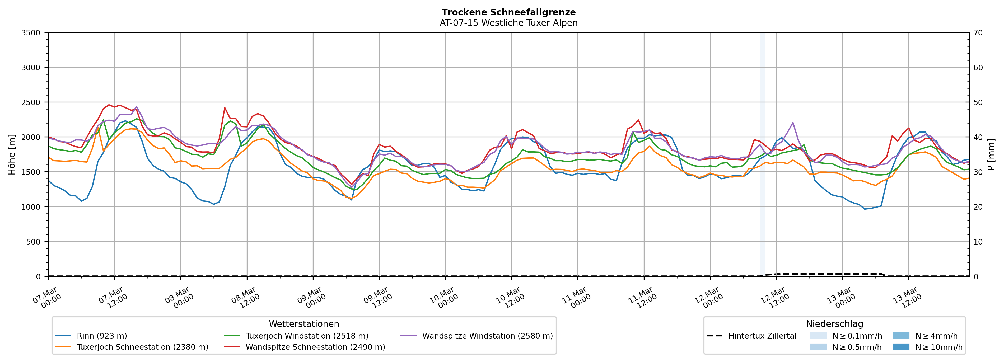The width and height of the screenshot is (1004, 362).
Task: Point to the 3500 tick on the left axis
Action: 31,33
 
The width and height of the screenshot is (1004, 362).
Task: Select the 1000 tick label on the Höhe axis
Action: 31,207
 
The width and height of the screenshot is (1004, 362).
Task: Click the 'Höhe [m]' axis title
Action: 12,155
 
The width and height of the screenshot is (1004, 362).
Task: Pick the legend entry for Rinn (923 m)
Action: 102,336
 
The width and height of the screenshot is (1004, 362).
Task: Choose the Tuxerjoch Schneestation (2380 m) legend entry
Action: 142,347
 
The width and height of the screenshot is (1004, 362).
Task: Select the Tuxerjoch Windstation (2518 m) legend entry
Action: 307,336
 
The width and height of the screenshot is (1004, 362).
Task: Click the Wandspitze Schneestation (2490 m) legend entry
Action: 315,347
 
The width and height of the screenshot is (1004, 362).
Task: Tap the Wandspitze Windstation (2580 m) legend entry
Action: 487,336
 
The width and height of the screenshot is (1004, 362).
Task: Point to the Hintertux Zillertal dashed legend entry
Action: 762,336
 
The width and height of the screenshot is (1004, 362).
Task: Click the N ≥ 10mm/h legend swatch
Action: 901,347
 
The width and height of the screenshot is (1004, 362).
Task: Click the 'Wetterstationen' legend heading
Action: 304,324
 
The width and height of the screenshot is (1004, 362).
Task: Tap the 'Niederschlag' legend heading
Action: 834,324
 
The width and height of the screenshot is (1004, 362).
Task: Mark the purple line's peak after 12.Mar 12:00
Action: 793,123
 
